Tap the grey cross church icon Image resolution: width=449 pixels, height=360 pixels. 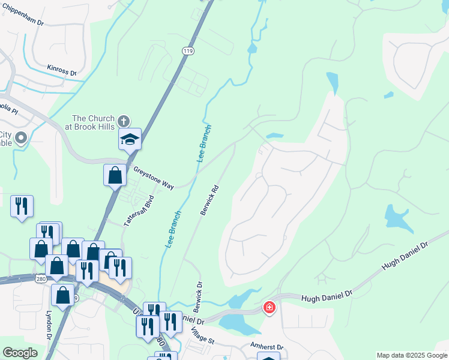tap(124, 121)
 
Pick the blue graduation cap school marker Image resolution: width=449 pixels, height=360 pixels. tap(130, 140)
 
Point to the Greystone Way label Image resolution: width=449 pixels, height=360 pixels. tap(153, 178)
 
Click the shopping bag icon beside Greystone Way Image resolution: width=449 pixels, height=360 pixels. tap(115, 176)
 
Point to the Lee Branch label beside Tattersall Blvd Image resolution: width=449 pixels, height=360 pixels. tap(172, 230)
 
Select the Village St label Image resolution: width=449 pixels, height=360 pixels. tap(203, 335)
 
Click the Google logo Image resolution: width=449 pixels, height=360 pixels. tap(20, 353)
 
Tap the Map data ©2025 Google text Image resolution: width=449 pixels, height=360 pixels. tap(411, 355)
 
